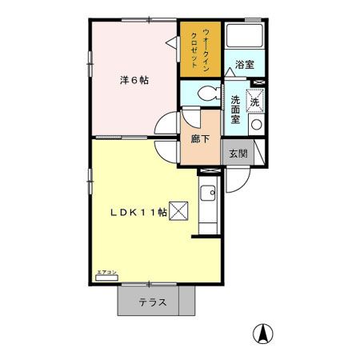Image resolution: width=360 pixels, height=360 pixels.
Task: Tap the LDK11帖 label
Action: (x=138, y=212)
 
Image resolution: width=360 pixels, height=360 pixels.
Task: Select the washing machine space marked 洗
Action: (x=255, y=101)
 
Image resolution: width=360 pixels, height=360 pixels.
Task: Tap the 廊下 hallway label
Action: (x=201, y=138)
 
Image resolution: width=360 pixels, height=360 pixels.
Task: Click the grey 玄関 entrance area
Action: (x=237, y=153)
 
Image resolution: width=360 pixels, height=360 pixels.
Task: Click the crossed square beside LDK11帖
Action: (x=179, y=212)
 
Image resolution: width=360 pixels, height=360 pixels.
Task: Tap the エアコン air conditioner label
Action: (x=106, y=272)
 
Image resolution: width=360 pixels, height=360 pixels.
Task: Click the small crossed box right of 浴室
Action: (x=258, y=82)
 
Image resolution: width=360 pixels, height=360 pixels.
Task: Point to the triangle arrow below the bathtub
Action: (x=230, y=71)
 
